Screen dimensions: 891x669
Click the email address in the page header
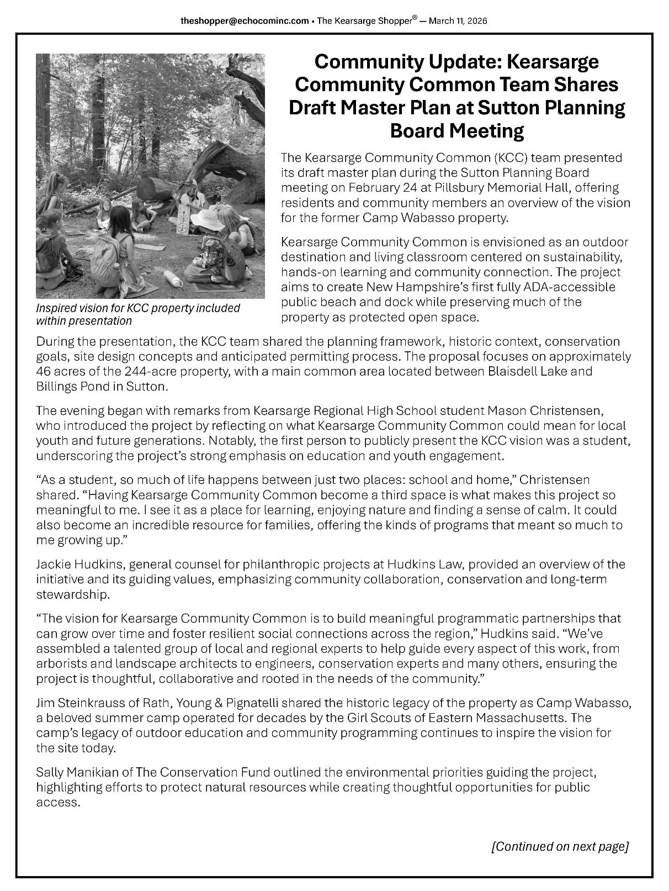pyautogui.click(x=245, y=21)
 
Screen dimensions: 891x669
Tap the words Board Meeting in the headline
pyautogui.click(x=456, y=131)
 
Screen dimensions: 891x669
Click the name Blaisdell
pyautogui.click(x=514, y=371)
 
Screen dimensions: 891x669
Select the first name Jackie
pyautogui.click(x=52, y=565)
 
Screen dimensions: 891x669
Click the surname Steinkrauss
pyautogui.click(x=88, y=703)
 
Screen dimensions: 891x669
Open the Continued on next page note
pyautogui.click(x=560, y=847)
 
